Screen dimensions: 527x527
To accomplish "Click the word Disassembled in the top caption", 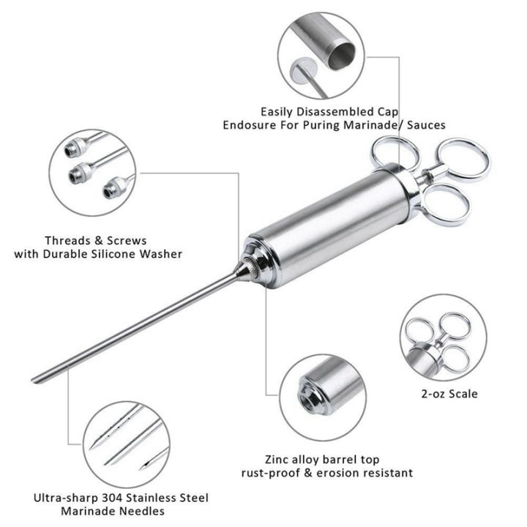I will pos(332,111).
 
